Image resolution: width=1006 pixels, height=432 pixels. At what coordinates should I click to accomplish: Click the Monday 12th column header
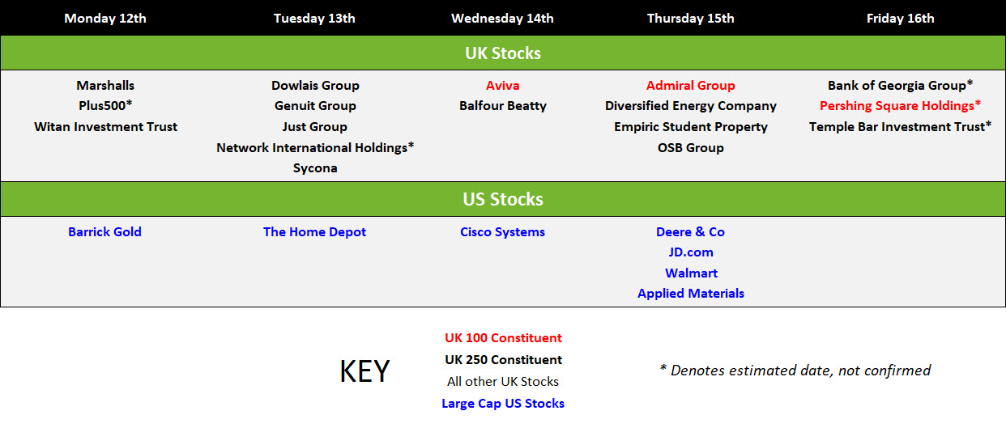[105, 19]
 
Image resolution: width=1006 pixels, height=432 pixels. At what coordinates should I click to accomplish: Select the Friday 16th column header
[900, 19]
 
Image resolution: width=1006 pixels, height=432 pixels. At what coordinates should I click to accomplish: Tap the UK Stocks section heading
[502, 53]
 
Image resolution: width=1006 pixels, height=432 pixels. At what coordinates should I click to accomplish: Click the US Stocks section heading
[502, 199]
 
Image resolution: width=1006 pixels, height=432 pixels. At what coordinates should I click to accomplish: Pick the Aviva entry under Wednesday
[502, 85]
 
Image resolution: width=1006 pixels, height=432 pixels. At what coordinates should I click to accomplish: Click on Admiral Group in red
[690, 85]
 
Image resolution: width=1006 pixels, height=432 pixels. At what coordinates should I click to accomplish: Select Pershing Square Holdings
[900, 106]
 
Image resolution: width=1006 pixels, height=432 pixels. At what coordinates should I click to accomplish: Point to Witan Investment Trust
[105, 126]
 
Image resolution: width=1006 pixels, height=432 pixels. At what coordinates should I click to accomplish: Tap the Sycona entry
[315, 168]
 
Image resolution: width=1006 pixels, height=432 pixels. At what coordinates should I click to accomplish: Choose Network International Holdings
[315, 147]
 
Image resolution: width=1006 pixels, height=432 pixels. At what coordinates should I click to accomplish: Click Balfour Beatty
[502, 106]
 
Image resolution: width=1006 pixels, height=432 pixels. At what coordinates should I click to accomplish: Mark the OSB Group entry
[690, 147]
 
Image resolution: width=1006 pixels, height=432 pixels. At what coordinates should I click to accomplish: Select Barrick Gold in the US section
[104, 231]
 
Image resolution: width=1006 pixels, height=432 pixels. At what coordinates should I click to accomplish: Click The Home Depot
[314, 232]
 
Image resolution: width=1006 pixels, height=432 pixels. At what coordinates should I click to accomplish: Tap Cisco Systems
[502, 232]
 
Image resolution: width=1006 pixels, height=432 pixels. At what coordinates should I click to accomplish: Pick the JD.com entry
[691, 252]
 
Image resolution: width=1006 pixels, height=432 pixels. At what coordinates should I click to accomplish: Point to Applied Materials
[691, 294]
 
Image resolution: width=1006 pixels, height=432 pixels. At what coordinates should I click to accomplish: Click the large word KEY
[364, 371]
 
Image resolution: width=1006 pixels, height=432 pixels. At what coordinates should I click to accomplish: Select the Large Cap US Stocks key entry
[503, 404]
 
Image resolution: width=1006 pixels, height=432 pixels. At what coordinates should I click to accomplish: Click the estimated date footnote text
[795, 371]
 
